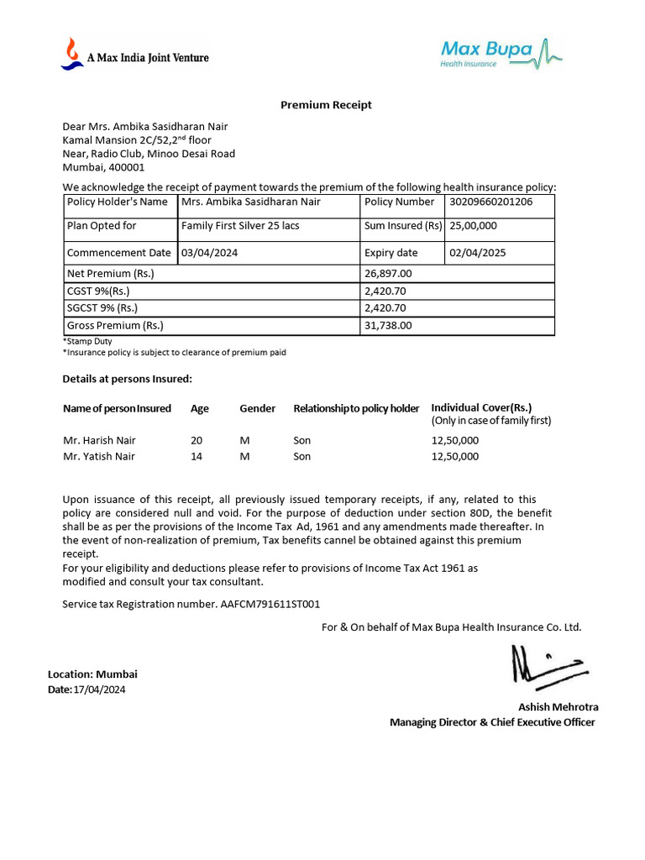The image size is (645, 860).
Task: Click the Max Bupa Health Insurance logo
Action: (501, 52)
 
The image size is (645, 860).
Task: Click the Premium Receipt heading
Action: (326, 105)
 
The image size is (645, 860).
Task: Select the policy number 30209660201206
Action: (490, 202)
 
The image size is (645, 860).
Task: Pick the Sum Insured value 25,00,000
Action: (474, 226)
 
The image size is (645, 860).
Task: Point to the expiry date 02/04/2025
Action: (478, 253)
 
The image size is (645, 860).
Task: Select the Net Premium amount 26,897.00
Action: (388, 274)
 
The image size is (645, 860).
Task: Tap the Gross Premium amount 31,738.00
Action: (388, 326)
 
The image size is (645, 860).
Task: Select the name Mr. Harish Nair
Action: (99, 440)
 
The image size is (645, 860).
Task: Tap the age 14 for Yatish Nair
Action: (197, 457)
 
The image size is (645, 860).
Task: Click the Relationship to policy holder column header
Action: (356, 409)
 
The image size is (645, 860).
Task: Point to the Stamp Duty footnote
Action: (87, 342)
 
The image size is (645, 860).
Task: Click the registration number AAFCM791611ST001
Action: (270, 605)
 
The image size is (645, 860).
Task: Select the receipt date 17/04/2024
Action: (100, 690)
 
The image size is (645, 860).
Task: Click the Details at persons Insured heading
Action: (127, 380)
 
